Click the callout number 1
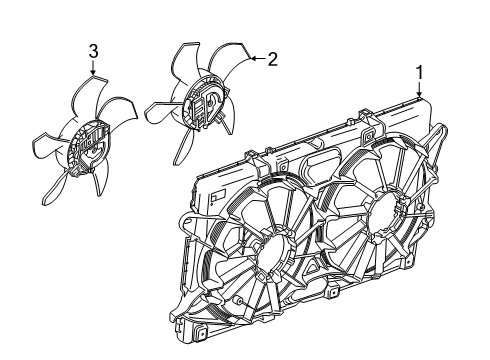[421, 72]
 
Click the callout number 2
[270, 58]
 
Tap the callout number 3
[93, 50]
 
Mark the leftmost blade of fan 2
[161, 104]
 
